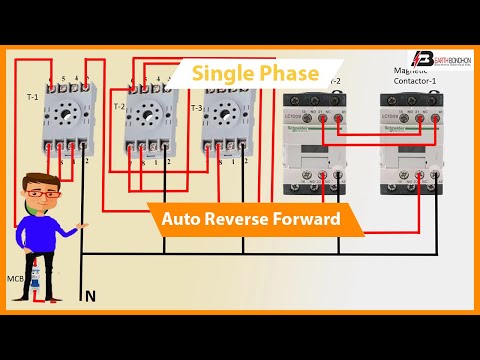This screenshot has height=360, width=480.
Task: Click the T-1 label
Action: pos(32,97)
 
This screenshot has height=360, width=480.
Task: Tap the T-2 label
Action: pos(119,106)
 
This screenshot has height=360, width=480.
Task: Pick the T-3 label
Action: pos(195,108)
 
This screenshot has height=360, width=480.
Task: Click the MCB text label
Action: pos(14,278)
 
